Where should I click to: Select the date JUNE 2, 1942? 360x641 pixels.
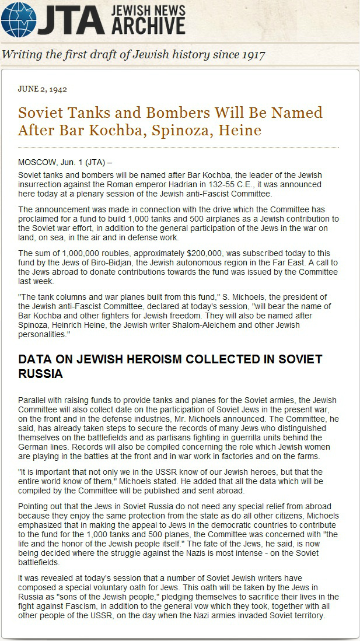[43, 89]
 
